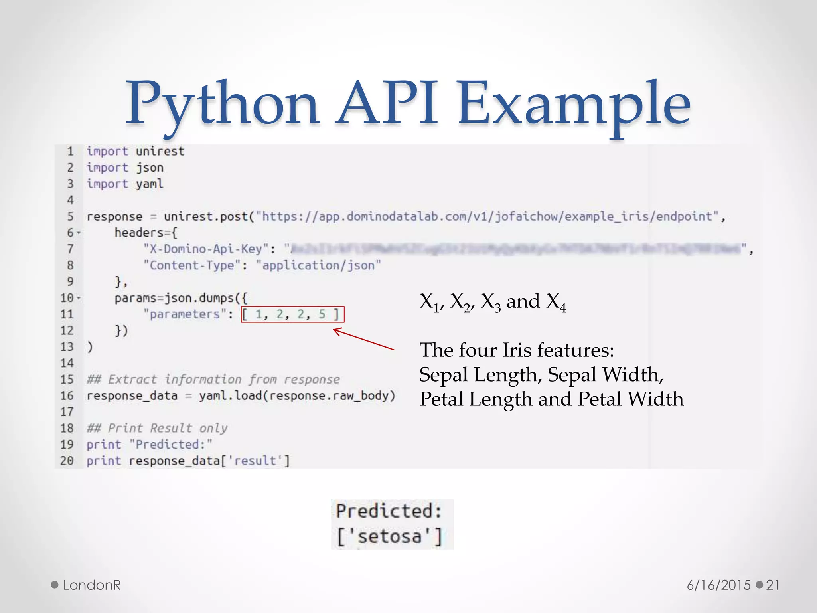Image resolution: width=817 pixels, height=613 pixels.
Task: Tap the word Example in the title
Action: pos(574,105)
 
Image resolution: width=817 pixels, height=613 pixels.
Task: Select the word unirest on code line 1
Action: pos(160,152)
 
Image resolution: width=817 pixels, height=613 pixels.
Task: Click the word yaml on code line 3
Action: pos(150,184)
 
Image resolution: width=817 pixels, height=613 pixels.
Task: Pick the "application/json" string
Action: pos(318,265)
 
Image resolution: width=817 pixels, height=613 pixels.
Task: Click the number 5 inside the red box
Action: pos(322,314)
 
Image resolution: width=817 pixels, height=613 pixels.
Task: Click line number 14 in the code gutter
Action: pos(67,363)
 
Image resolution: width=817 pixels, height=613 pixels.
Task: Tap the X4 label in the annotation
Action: pos(556,303)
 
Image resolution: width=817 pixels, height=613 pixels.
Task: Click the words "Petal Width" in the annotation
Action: pos(631,399)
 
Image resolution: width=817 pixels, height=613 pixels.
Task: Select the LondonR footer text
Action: pos(92,585)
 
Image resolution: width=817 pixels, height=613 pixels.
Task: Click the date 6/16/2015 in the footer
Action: pos(719,585)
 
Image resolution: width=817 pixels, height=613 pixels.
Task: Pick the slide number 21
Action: pos(773,585)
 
